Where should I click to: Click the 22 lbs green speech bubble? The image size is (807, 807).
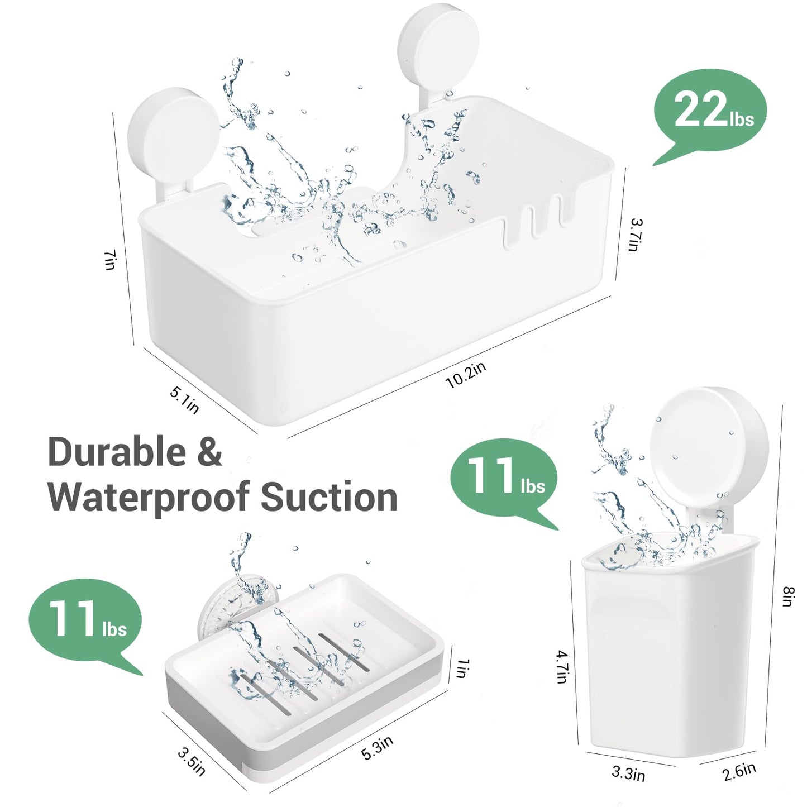click(x=711, y=112)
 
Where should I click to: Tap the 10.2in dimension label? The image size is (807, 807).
click(x=466, y=374)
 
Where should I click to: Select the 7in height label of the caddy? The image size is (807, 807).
click(x=109, y=260)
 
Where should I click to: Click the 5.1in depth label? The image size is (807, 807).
click(x=184, y=400)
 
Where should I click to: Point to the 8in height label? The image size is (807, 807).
click(x=788, y=596)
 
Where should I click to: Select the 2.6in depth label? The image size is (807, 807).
click(x=739, y=772)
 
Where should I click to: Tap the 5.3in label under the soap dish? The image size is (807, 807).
click(x=378, y=747)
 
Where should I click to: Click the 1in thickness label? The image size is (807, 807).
click(x=462, y=668)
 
